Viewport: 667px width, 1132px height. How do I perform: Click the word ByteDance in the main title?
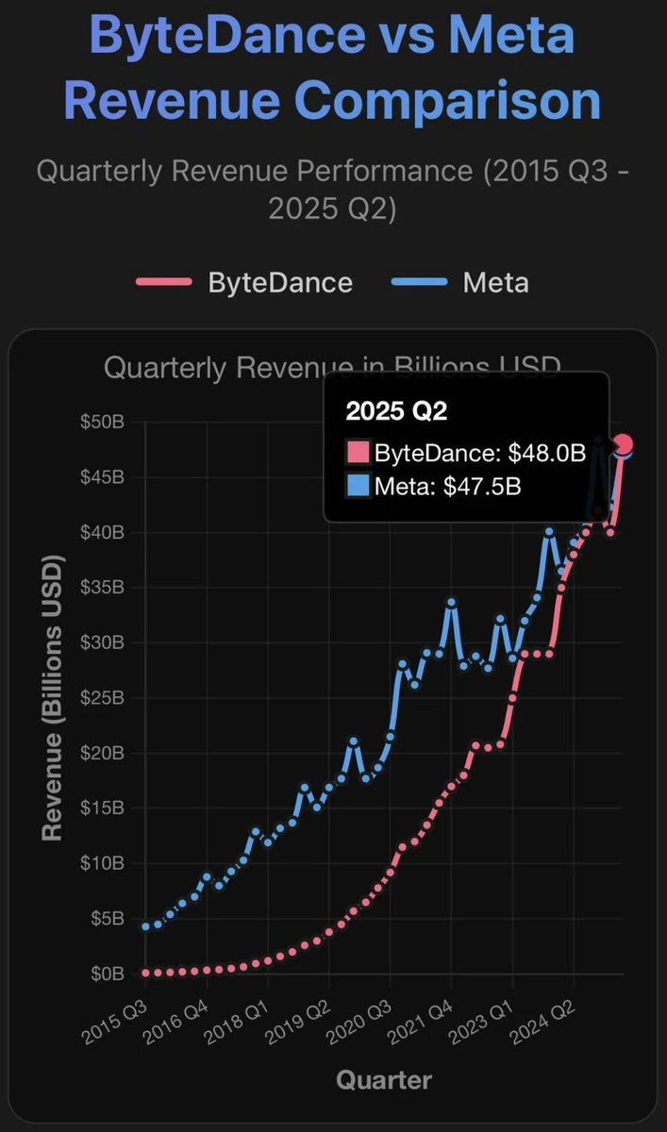(227, 35)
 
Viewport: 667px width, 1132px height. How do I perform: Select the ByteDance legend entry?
(280, 282)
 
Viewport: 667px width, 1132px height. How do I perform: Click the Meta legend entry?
(494, 282)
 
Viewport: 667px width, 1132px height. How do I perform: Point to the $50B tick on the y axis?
(101, 422)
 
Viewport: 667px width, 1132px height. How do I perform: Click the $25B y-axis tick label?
(101, 698)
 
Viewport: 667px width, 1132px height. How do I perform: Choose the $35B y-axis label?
(101, 588)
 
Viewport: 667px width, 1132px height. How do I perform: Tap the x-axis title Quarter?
(384, 1080)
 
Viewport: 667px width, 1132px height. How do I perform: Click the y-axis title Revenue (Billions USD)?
(52, 698)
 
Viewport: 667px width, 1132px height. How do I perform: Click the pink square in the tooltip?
(358, 452)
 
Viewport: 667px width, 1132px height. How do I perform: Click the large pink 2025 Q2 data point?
(623, 444)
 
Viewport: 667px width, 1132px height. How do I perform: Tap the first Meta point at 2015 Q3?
(145, 926)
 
